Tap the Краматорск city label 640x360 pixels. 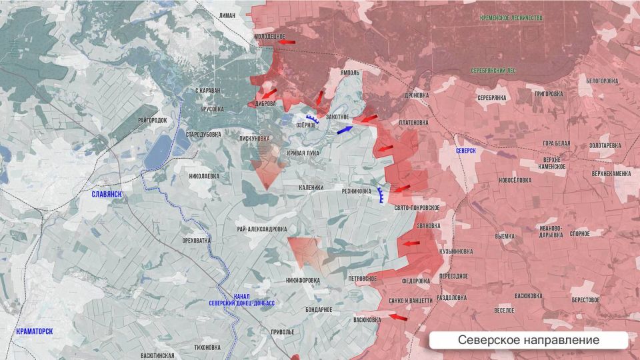pyautogui.click(x=35, y=331)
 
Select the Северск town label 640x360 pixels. pyautogui.click(x=466, y=151)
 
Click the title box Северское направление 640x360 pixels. pyautogui.click(x=528, y=340)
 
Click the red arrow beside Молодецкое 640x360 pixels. pyautogui.click(x=287, y=42)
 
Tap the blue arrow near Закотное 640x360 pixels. pyautogui.click(x=344, y=129)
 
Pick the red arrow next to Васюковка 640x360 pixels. pyautogui.click(x=397, y=317)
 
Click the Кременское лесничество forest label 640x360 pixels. pyautogui.click(x=511, y=18)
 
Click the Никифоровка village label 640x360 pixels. pyautogui.click(x=302, y=280)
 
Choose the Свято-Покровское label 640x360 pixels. pyautogui.click(x=417, y=208)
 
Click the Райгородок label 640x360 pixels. pyautogui.click(x=153, y=120)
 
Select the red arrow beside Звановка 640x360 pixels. pyautogui.click(x=411, y=244)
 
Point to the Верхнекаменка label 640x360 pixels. pyautogui.click(x=611, y=173)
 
